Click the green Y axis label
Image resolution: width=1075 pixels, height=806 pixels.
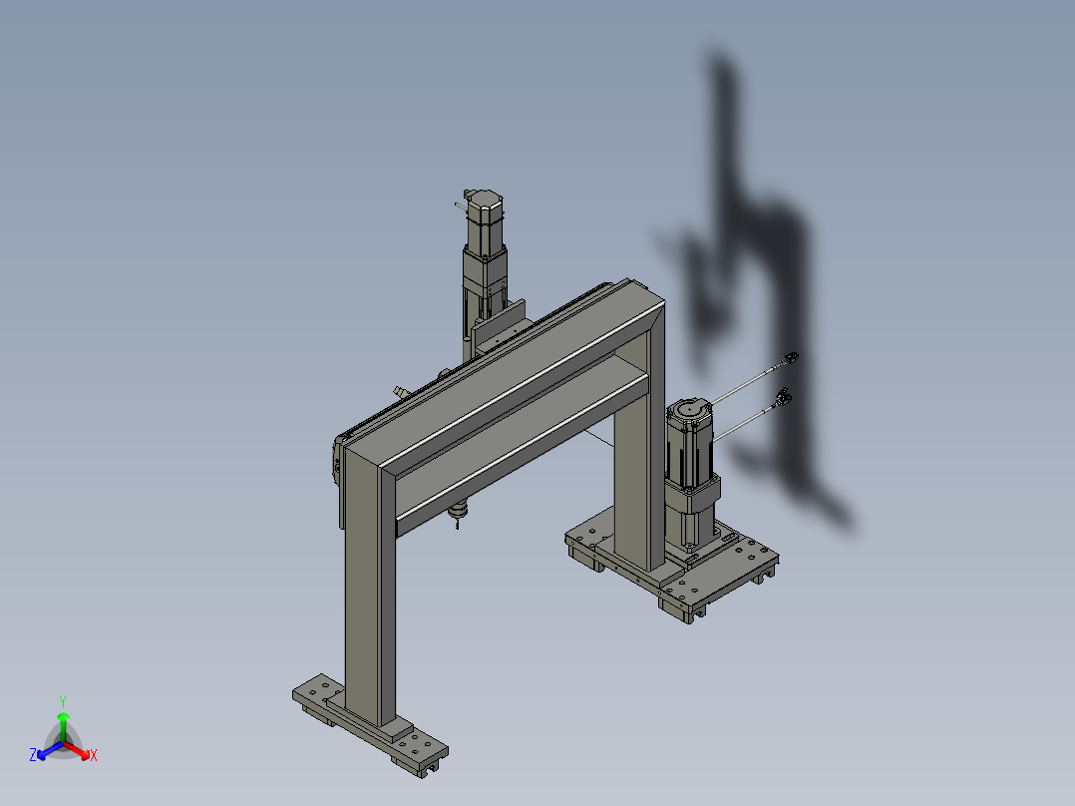[63, 701]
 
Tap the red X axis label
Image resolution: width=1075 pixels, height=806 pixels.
[94, 755]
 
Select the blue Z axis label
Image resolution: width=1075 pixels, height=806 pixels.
[33, 755]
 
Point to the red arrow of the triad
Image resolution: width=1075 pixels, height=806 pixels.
[77, 750]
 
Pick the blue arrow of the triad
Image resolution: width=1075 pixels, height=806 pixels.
[50, 750]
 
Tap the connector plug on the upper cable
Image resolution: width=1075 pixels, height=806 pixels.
[791, 358]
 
